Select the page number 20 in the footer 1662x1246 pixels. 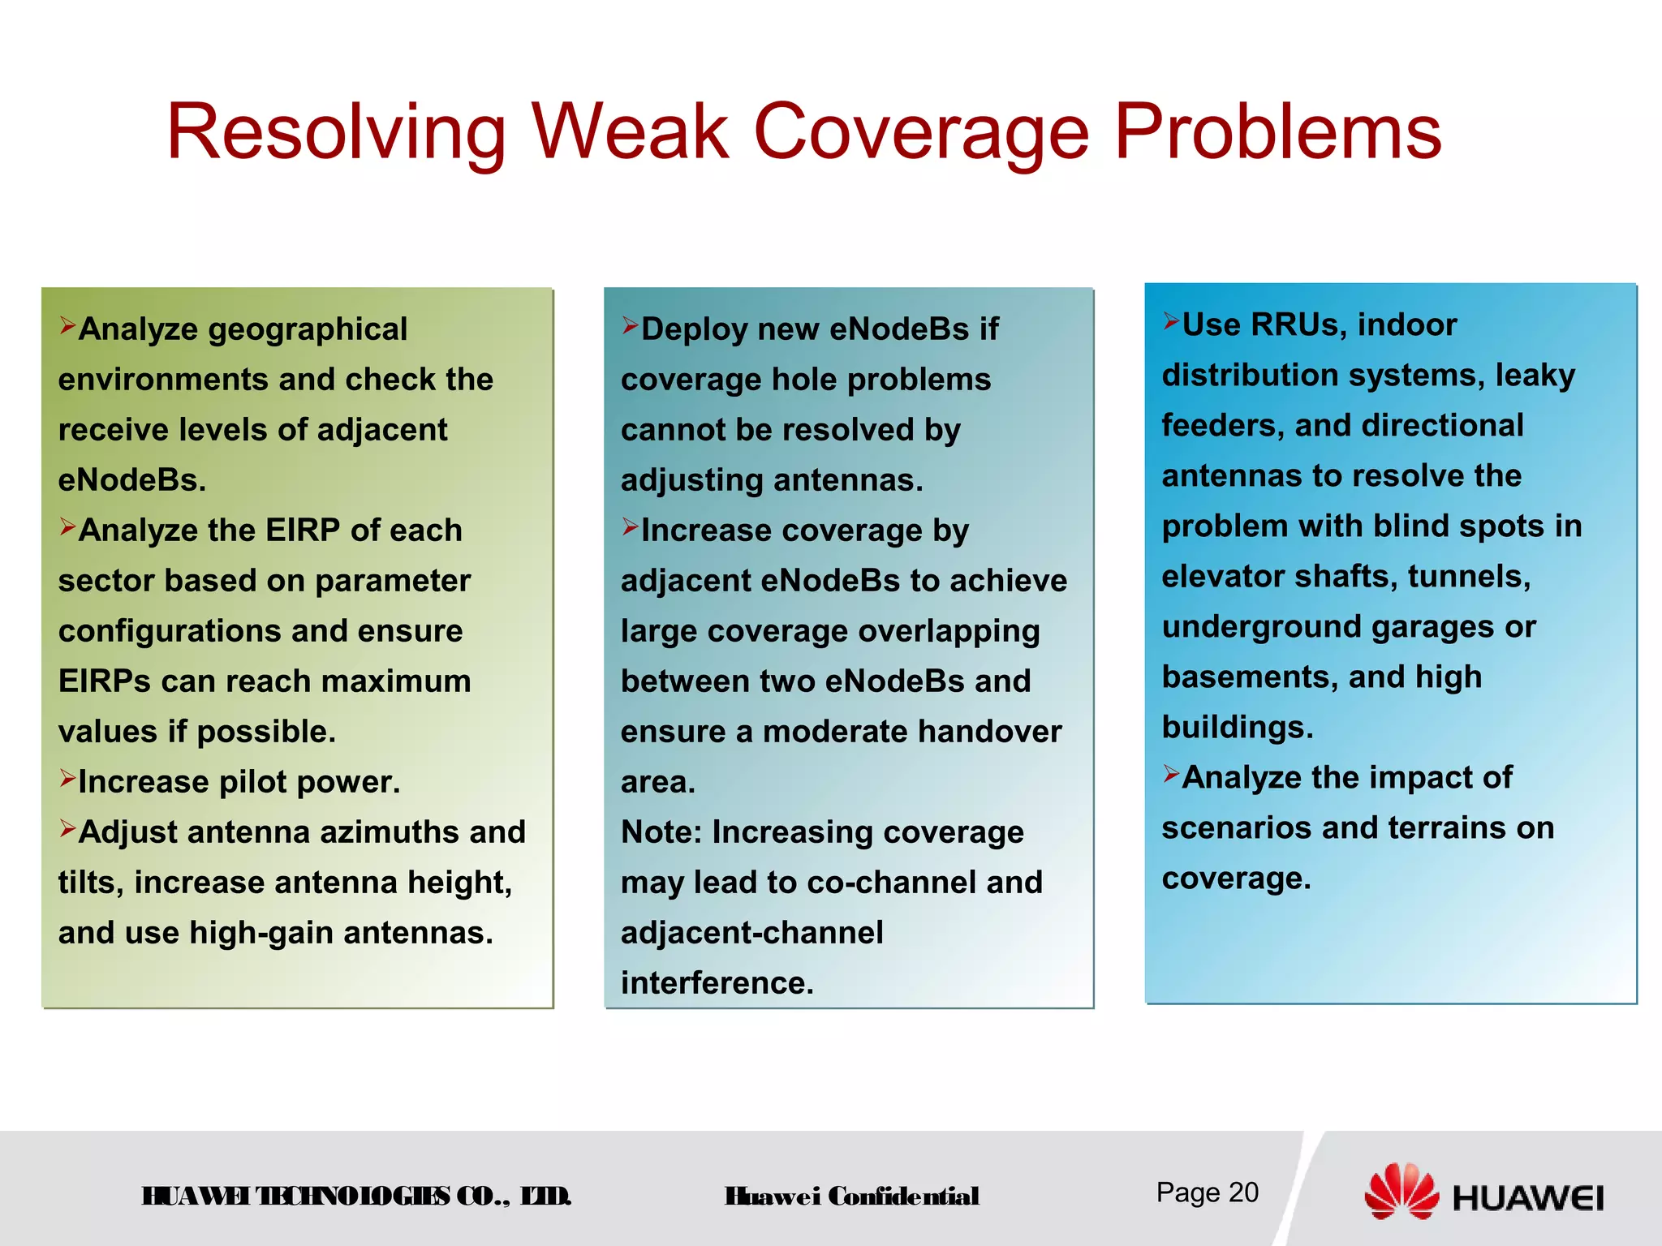1242,1192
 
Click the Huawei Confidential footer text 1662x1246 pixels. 851,1197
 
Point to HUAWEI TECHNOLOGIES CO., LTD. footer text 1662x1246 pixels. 356,1197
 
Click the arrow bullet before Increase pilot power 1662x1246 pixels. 67,779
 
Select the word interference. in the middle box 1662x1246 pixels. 717,983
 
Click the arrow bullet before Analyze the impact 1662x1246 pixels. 1170,774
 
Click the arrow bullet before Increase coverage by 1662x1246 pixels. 630,527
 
